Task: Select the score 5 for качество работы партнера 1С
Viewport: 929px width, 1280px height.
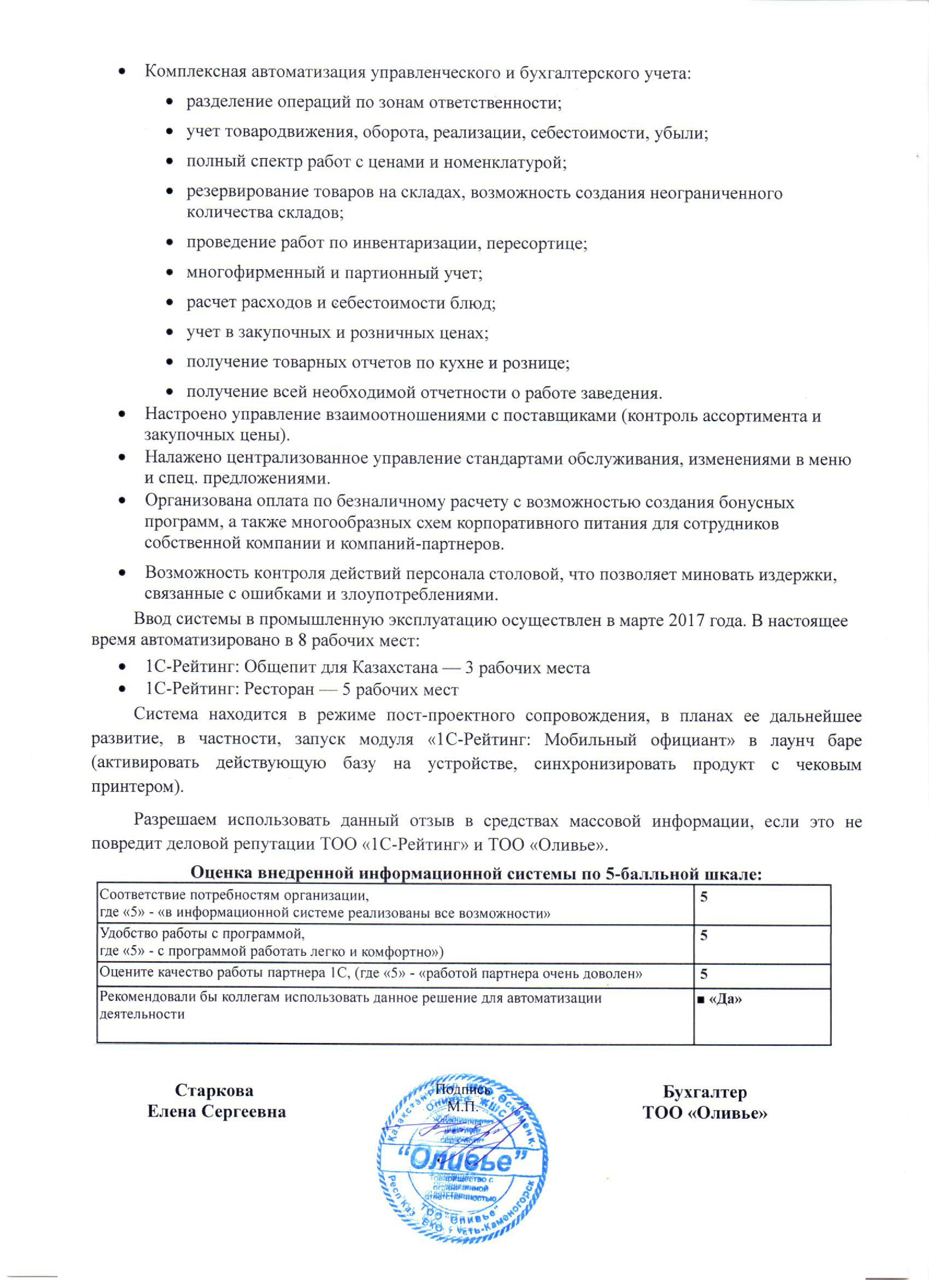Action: click(x=704, y=974)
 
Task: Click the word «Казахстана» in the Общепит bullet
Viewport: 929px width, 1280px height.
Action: click(x=395, y=668)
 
